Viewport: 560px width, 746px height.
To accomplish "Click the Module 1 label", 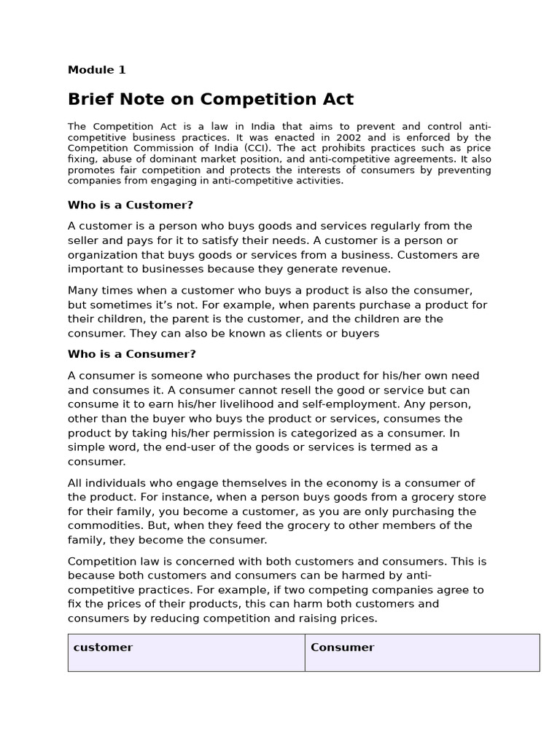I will coord(96,70).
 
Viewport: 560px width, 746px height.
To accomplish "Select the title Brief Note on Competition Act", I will coord(211,99).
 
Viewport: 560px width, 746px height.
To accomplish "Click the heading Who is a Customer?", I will coord(131,205).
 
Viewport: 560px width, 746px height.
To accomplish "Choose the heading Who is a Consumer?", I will coord(132,354).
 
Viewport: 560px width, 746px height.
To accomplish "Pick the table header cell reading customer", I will coord(103,647).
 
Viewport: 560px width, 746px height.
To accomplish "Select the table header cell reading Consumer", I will coord(342,647).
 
